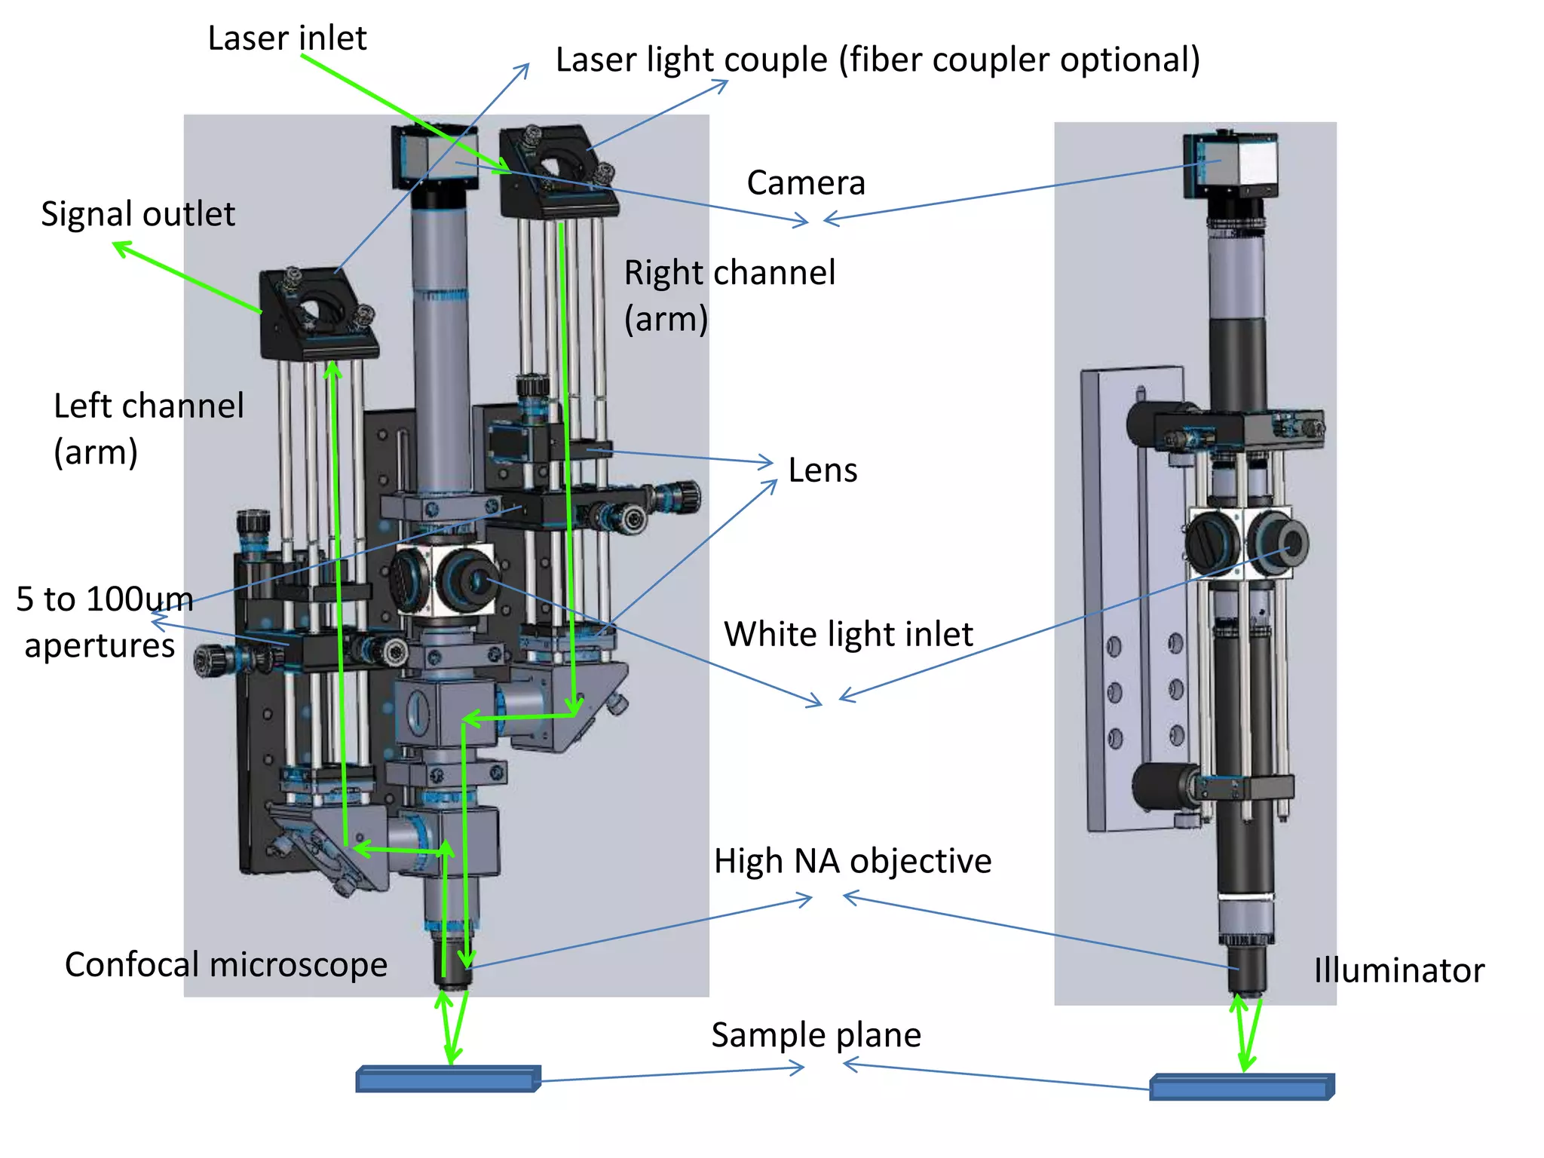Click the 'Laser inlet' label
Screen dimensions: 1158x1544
click(286, 38)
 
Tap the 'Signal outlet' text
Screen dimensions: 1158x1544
click(137, 214)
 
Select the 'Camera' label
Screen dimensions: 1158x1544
click(805, 183)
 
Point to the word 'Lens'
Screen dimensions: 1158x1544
click(823, 470)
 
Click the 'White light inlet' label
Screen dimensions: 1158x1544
click(848, 634)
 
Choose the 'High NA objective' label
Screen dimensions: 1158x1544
click(852, 861)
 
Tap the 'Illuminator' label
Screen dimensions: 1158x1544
click(1398, 970)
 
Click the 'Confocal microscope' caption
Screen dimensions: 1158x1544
click(225, 965)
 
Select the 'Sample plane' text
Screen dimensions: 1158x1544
click(816, 1035)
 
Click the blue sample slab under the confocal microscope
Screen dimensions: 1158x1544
click(448, 1080)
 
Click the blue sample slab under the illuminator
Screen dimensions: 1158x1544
click(1241, 1087)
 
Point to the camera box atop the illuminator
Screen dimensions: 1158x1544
click(1230, 165)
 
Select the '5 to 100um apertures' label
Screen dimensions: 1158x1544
click(104, 622)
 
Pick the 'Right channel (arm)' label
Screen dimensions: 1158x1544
click(728, 296)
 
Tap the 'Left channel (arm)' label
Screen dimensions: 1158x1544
click(148, 429)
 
